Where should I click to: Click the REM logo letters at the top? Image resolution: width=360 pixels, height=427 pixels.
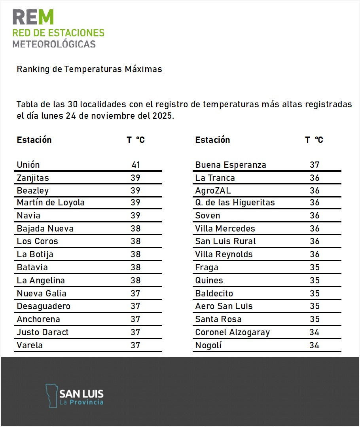pos(33,17)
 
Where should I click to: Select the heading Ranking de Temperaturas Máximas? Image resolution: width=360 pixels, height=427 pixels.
pos(89,69)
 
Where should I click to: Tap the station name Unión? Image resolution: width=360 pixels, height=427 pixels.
pos(28,165)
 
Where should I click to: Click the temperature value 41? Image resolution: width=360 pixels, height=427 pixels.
pos(136,165)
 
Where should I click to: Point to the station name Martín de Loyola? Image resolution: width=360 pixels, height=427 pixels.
pos(51,203)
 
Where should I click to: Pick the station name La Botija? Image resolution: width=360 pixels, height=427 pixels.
pos(35,254)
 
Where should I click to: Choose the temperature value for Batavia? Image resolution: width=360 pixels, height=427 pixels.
pos(136,268)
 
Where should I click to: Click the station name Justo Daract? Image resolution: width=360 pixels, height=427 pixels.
pos(43,332)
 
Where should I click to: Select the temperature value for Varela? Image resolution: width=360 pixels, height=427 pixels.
pos(136,345)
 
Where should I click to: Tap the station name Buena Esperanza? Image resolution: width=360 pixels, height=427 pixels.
pos(231,165)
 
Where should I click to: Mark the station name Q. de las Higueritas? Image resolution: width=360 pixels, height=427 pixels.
pos(235,203)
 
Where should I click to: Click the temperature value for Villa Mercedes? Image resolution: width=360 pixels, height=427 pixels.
pos(315,229)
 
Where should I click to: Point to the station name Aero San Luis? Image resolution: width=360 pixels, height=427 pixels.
pos(224,306)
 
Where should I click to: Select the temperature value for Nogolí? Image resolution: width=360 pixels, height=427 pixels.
pos(315,345)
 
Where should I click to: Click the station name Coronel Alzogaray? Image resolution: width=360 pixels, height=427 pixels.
pos(233,332)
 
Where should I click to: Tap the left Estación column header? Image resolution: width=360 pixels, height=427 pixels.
pos(34,140)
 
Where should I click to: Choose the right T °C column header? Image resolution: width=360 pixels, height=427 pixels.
pos(314,140)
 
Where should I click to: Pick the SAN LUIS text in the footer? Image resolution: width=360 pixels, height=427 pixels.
pos(81,394)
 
